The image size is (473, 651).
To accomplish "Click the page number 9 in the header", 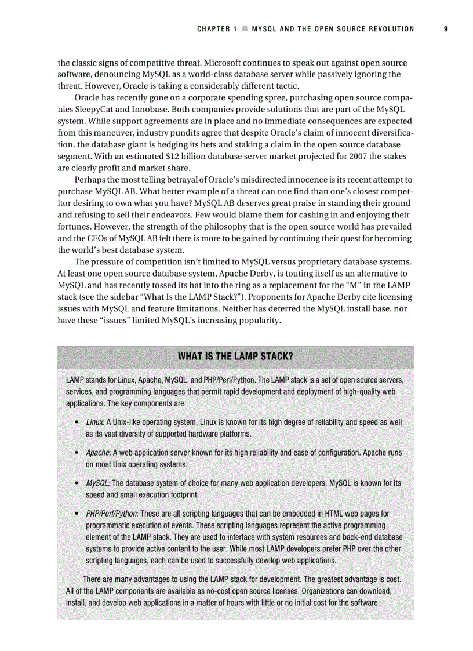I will point(446,28).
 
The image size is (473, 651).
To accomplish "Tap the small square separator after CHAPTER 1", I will point(245,29).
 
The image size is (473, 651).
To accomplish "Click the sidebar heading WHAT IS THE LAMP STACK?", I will point(235,357).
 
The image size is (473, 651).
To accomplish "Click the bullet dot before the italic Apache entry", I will point(77,453).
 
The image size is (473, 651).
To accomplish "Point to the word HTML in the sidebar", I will point(335,514).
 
